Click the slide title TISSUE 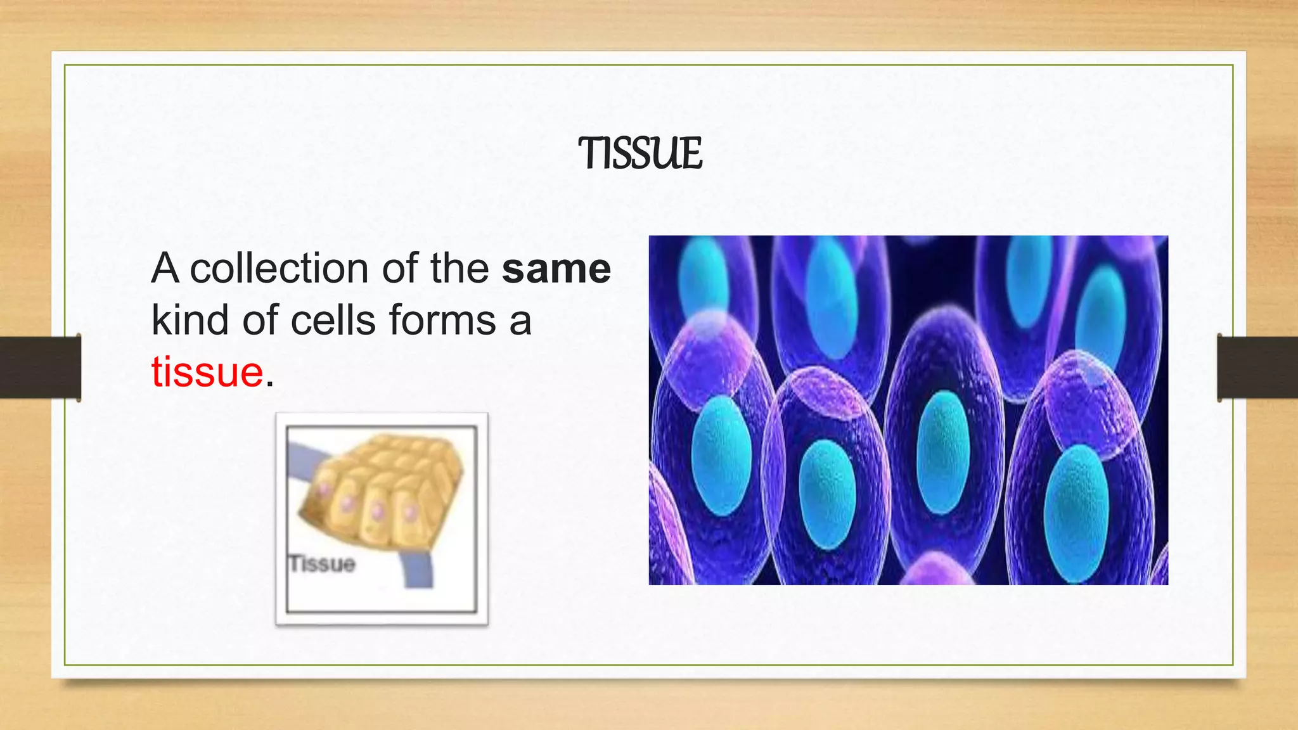[x=640, y=154]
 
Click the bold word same [x=556, y=269]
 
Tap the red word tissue [x=207, y=372]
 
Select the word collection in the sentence [x=279, y=269]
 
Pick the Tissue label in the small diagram [x=322, y=563]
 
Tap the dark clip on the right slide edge [x=1257, y=368]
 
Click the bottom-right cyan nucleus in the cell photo [x=1076, y=513]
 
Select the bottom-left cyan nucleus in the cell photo [x=721, y=454]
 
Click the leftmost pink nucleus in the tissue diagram [x=324, y=490]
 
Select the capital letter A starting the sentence [x=165, y=269]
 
